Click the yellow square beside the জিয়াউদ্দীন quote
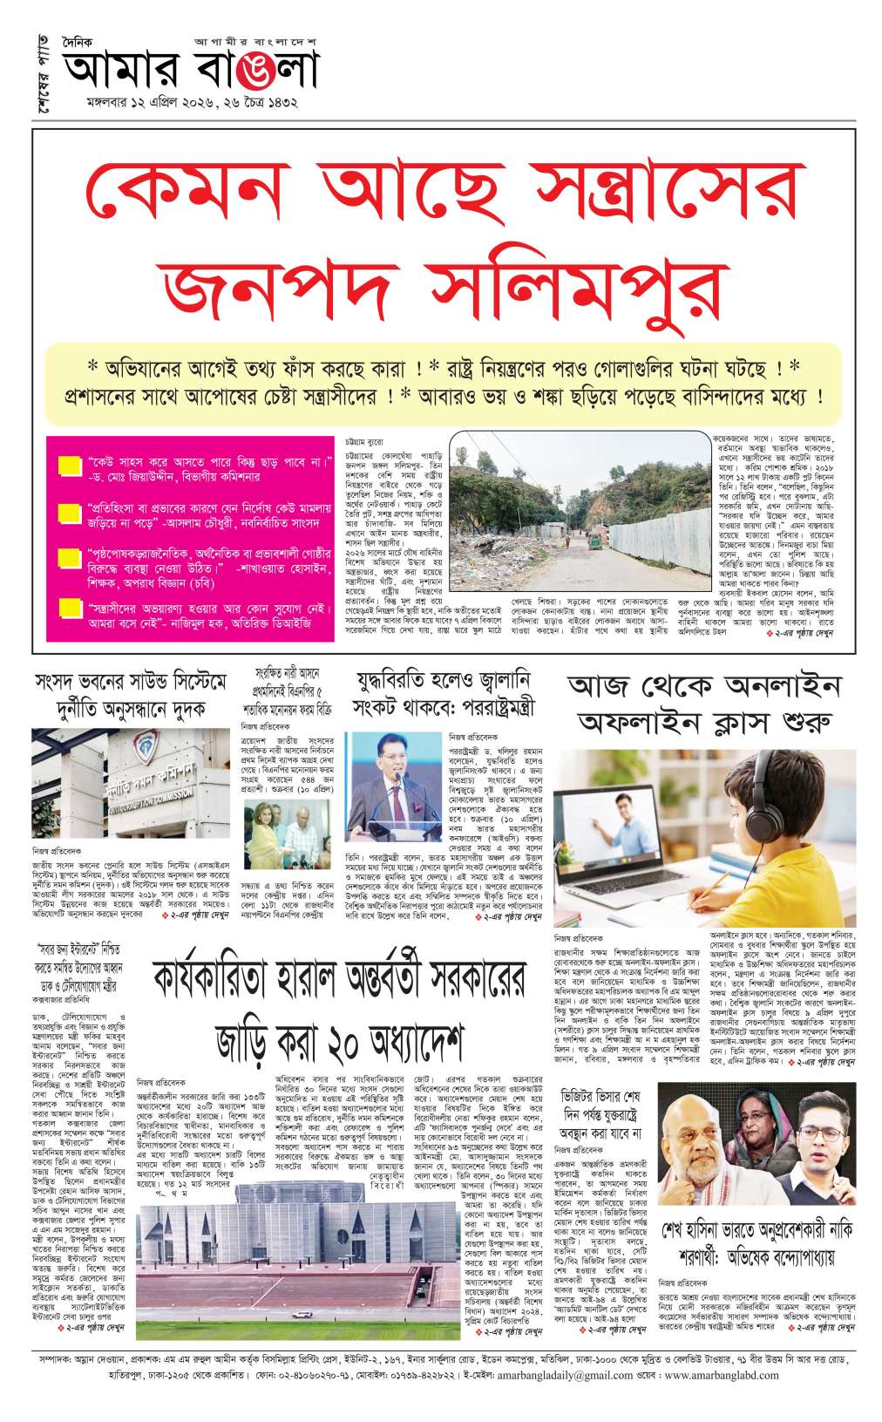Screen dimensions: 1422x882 point(70,467)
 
